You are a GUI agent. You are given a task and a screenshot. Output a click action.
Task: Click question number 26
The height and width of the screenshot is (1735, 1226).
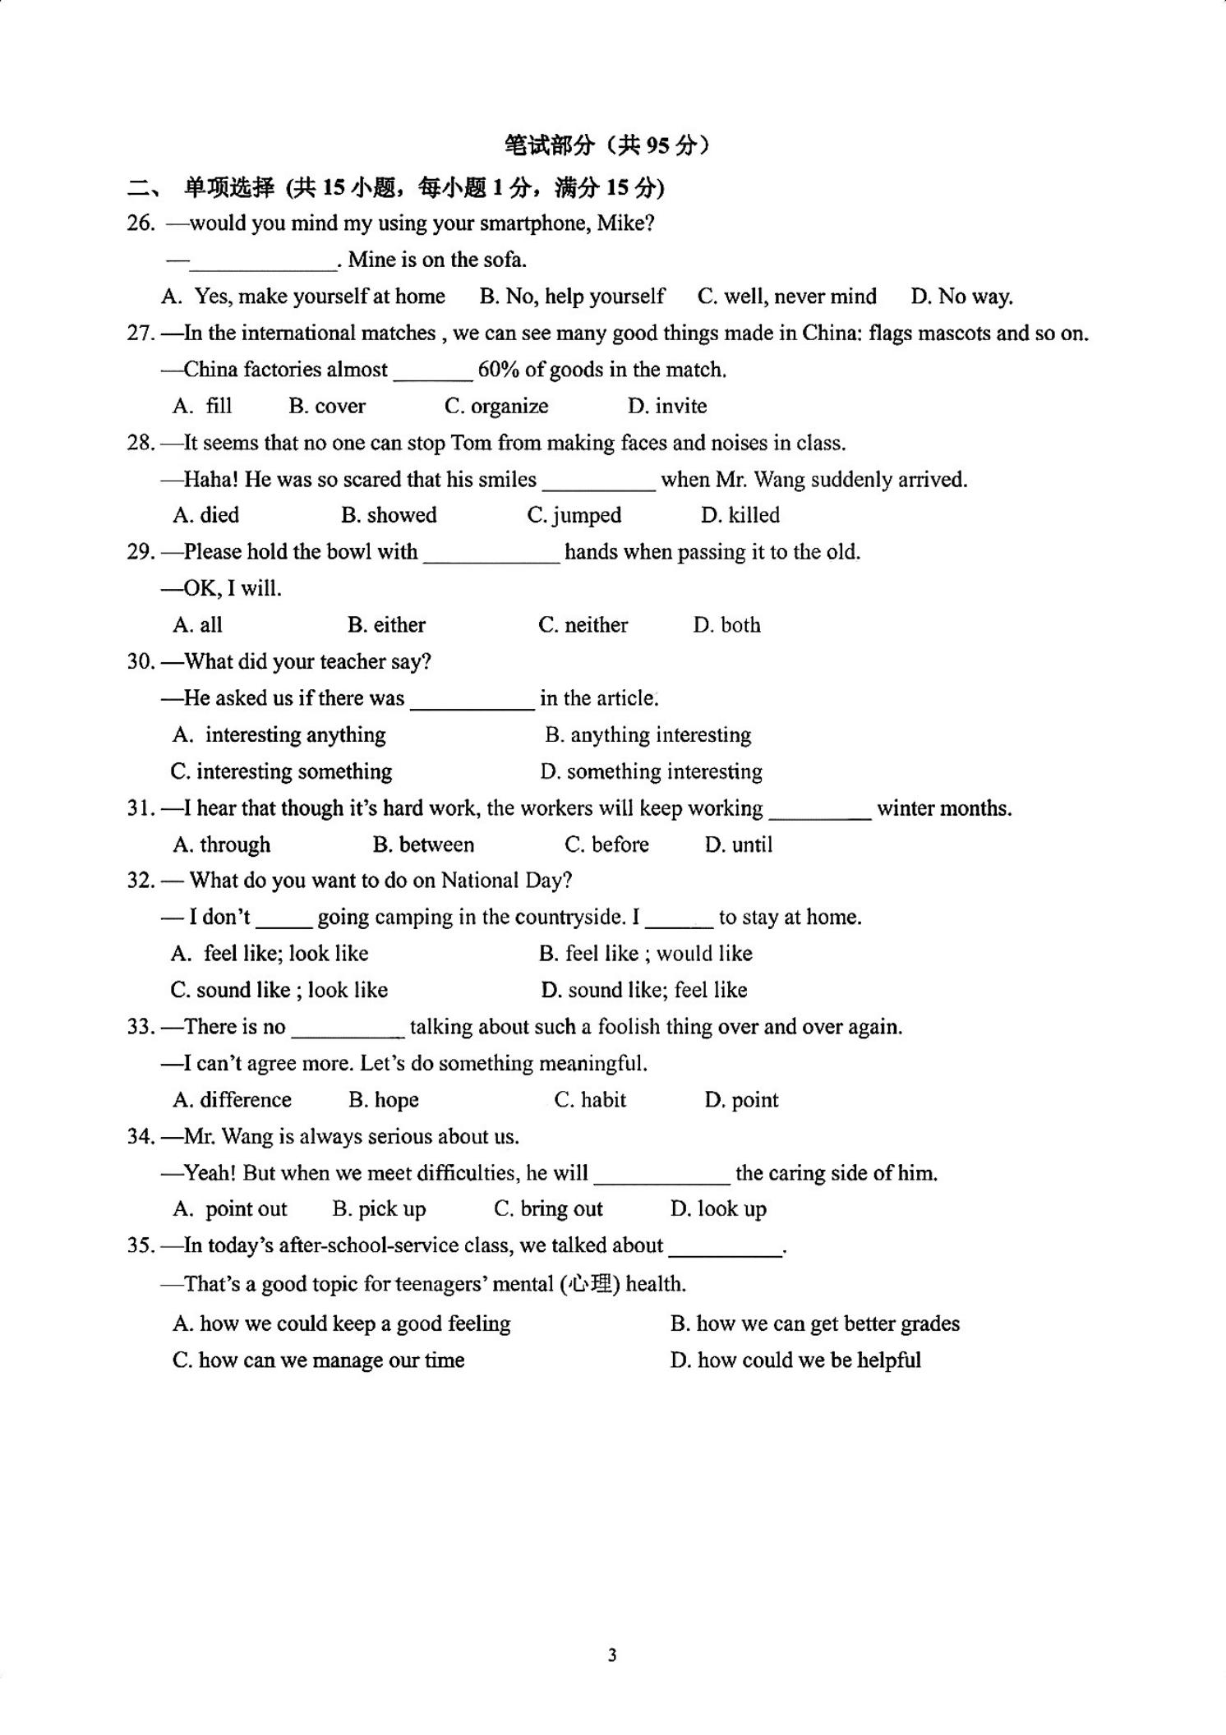(141, 223)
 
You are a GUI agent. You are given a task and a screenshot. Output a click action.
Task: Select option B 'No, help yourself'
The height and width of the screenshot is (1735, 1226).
(572, 297)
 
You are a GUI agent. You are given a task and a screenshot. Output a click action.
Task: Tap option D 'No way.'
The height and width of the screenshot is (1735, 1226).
(961, 297)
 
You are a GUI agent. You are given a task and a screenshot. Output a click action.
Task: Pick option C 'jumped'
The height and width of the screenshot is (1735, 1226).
(574, 515)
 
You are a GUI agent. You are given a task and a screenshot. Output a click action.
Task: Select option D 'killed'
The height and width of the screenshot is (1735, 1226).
(740, 515)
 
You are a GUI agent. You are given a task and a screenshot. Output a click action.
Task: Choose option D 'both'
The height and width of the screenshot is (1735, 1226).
(726, 625)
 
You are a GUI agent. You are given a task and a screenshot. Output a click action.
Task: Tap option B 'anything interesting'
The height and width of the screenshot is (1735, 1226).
(648, 734)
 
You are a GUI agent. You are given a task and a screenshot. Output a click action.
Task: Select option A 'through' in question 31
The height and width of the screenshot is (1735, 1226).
(222, 844)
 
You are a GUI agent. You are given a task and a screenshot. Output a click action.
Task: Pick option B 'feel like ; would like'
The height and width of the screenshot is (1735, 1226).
(646, 954)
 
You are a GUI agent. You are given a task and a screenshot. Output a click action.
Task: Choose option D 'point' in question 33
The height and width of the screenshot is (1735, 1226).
(741, 1100)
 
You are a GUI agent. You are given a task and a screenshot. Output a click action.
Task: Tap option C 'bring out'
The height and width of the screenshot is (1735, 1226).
(548, 1209)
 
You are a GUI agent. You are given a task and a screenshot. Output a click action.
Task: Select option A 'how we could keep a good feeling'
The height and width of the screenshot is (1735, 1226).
(342, 1323)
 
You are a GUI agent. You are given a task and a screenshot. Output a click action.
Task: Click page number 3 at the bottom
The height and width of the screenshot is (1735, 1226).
(612, 1655)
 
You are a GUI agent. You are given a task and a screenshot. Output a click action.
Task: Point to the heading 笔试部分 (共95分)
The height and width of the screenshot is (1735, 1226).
(607, 145)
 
